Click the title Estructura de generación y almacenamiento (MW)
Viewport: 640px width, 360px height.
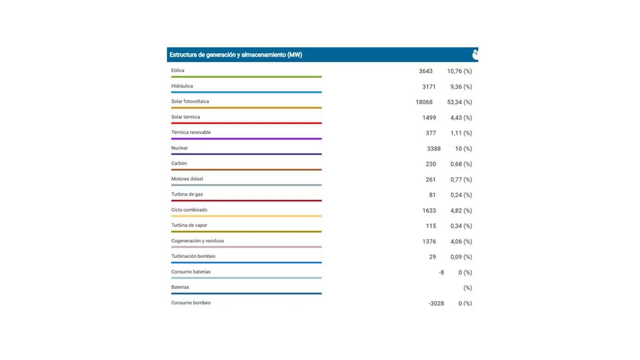coord(236,55)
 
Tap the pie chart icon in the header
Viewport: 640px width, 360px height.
coord(475,54)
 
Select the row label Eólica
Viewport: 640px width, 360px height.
coord(178,70)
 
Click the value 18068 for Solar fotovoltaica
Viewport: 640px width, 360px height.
coord(424,102)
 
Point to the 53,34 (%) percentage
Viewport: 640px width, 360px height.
coord(459,102)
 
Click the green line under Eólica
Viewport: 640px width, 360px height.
coord(246,76)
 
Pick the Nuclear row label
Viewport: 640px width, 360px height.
coord(180,148)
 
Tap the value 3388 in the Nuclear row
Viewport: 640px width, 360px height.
coord(434,148)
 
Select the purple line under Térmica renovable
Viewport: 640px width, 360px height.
coord(246,138)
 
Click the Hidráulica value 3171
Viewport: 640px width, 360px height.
coord(429,86)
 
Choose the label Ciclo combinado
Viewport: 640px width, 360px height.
coord(189,210)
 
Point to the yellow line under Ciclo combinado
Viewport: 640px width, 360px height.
coord(246,216)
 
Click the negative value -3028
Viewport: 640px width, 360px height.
coord(436,303)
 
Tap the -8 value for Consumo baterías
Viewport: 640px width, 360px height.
coord(441,272)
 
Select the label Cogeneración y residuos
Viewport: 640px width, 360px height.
coord(198,241)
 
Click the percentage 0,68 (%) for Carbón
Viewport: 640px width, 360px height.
coord(461,164)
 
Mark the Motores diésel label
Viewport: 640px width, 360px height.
coord(187,179)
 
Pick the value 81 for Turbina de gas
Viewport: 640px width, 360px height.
coord(432,195)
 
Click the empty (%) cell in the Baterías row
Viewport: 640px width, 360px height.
coord(467,288)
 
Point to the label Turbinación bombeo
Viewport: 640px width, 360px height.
coord(193,256)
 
